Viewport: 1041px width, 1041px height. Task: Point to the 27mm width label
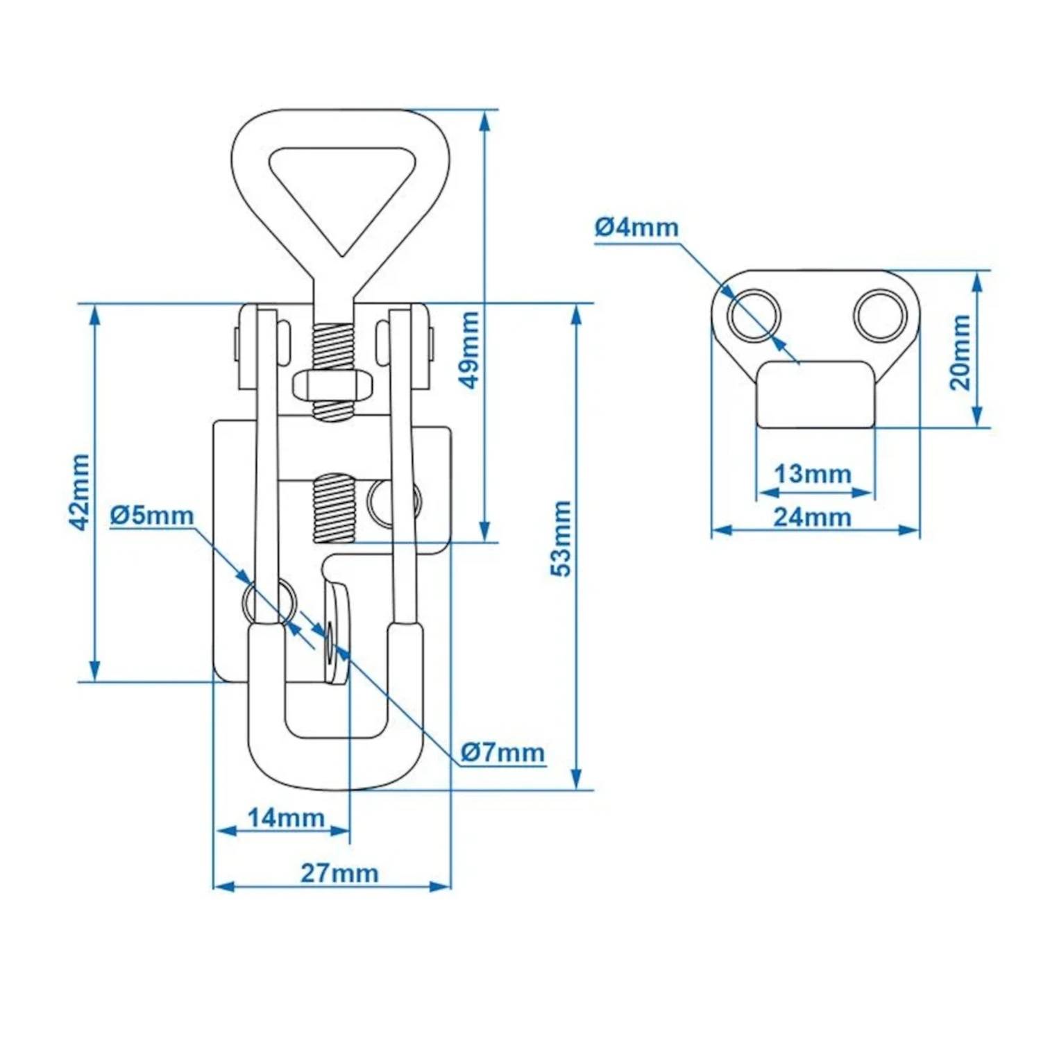tap(339, 872)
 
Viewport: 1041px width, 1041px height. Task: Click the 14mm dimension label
tap(286, 818)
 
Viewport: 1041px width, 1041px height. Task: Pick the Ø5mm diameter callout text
tap(152, 515)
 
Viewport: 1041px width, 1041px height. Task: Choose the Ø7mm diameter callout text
tap(503, 752)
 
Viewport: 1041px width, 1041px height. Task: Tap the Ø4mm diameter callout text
tap(636, 227)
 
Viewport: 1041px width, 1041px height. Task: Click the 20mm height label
tap(960, 352)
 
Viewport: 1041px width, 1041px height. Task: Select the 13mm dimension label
tap(813, 474)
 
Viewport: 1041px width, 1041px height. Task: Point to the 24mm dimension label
tap(813, 517)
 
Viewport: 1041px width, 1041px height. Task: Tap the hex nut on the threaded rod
tap(333, 385)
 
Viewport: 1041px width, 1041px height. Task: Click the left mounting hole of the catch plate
tap(754, 316)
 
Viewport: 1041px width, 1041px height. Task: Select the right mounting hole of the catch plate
tap(881, 316)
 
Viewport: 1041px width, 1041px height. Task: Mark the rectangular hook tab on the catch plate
tap(815, 393)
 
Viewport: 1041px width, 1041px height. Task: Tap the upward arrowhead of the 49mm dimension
tap(485, 121)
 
